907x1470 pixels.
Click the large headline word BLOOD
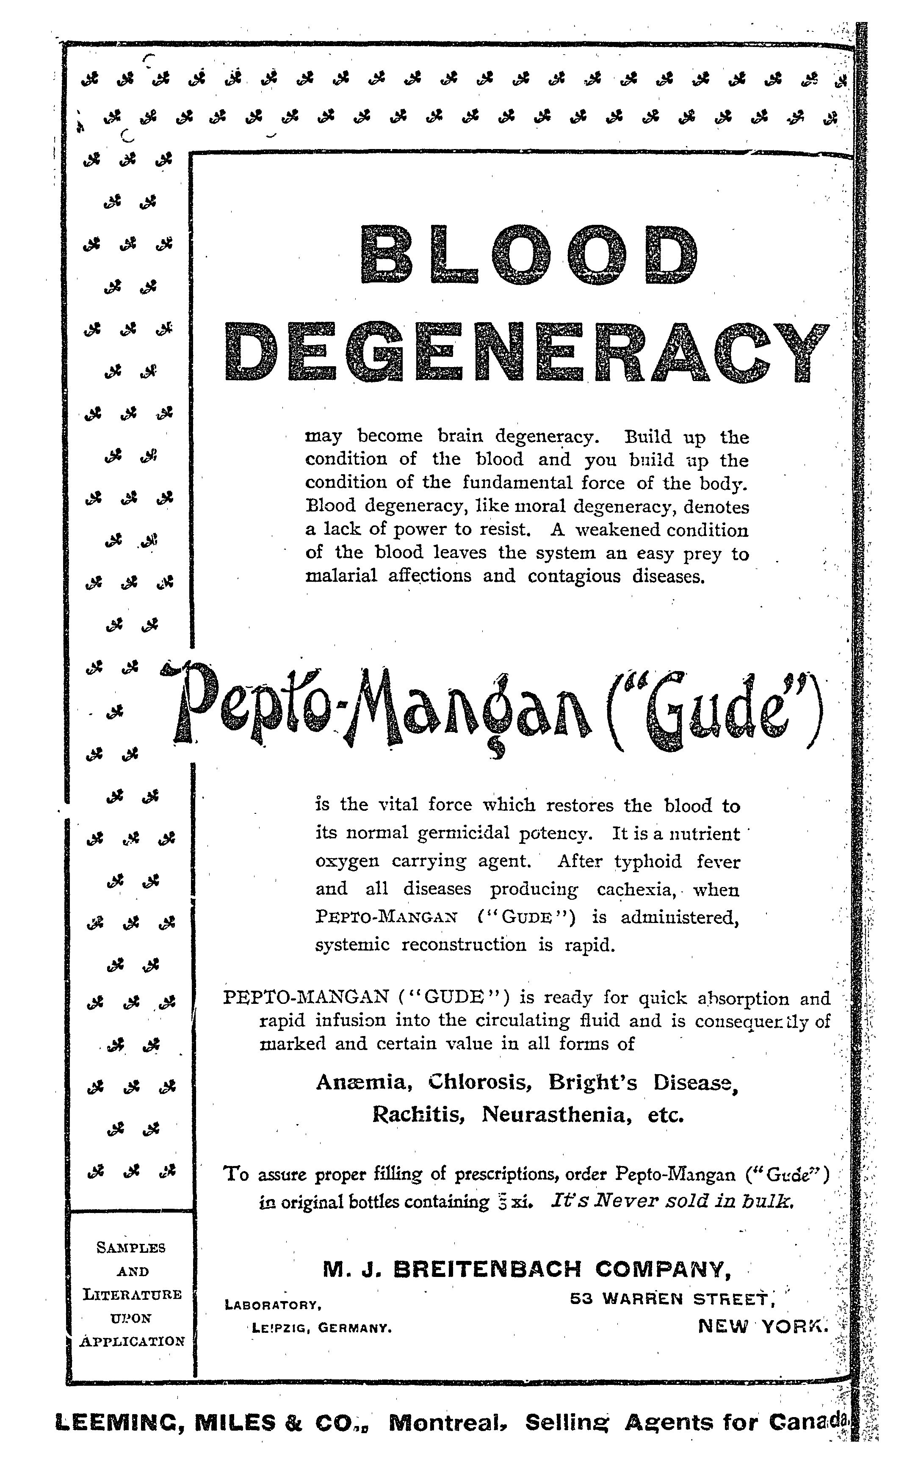pos(529,255)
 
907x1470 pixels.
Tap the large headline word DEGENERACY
pos(528,353)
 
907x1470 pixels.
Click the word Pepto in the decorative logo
pos(252,708)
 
